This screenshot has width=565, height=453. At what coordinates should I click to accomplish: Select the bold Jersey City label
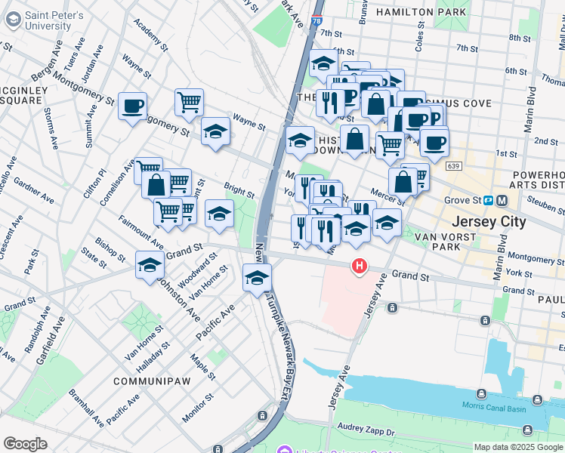(486, 223)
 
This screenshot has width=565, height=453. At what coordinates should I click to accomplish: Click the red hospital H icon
(360, 266)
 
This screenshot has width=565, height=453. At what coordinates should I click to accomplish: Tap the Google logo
(25, 444)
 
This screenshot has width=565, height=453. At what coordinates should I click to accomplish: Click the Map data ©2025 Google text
(517, 447)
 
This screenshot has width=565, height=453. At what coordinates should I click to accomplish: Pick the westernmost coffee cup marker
(133, 106)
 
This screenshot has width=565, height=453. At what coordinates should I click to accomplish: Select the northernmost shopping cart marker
(189, 101)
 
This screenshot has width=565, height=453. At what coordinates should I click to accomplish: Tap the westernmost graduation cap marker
(150, 265)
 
